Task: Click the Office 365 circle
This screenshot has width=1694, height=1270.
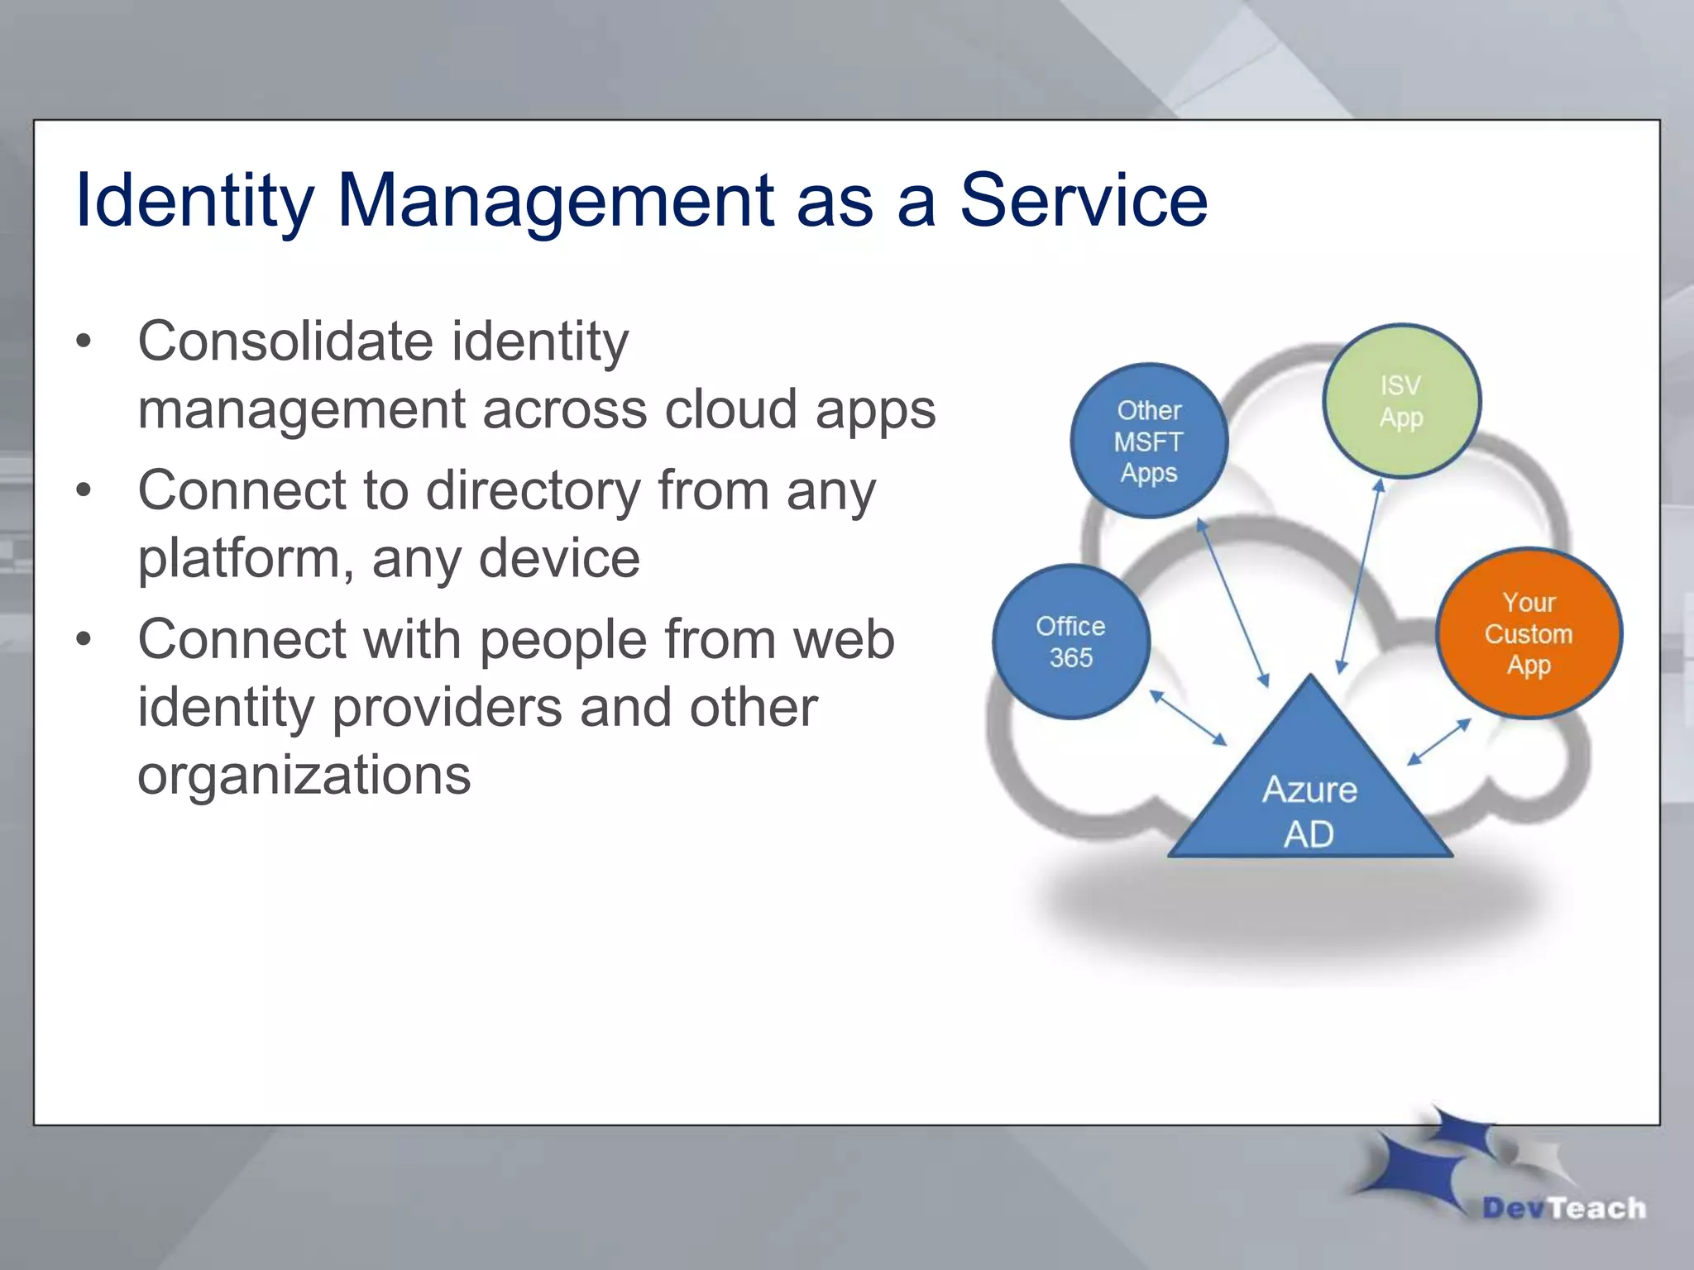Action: pyautogui.click(x=1070, y=642)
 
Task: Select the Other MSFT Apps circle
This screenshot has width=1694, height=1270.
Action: pyautogui.click(x=1149, y=441)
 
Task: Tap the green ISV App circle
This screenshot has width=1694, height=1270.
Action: pyautogui.click(x=1401, y=401)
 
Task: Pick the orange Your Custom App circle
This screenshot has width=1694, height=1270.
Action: pyautogui.click(x=1529, y=633)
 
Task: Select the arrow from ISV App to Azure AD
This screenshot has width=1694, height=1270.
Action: pyautogui.click(x=1360, y=576)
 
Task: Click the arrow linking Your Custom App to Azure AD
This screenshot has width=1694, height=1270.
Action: pyautogui.click(x=1439, y=742)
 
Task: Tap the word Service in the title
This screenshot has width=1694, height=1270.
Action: pyautogui.click(x=1084, y=200)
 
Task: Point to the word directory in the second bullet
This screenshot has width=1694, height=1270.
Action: pyautogui.click(x=534, y=490)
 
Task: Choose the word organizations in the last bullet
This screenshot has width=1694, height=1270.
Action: pyautogui.click(x=304, y=775)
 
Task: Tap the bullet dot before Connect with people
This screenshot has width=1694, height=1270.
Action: pyautogui.click(x=83, y=640)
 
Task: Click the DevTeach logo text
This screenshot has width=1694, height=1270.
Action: pyautogui.click(x=1563, y=1208)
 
